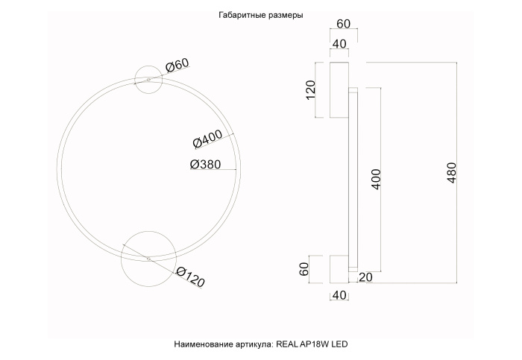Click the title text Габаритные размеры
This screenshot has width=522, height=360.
260,15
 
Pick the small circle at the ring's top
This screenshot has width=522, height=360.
149,80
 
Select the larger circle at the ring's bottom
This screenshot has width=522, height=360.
148,258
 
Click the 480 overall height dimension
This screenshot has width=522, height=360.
451,173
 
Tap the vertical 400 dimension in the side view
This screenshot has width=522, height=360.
377,179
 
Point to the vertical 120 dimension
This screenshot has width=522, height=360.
311,89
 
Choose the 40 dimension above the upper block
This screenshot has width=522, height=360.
339,45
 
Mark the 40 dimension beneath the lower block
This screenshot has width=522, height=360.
339,296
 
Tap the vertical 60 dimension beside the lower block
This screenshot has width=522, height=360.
304,269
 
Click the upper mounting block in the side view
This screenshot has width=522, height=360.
339,90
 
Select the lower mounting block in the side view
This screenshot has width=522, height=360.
339,268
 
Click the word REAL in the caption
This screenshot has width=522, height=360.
288,344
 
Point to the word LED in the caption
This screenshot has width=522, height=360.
339,344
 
